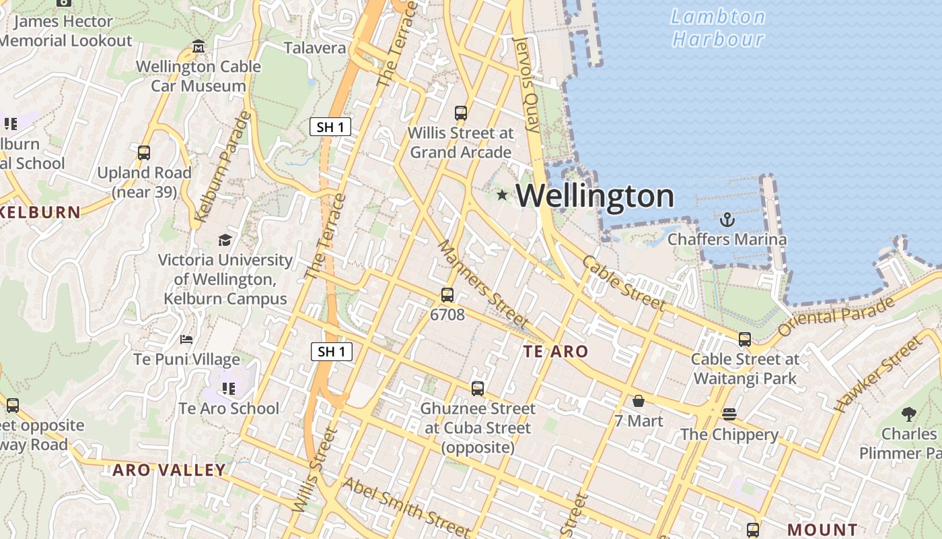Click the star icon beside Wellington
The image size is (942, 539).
(x=502, y=195)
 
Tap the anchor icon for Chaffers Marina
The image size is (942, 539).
(x=727, y=220)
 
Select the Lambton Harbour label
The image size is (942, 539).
(x=719, y=28)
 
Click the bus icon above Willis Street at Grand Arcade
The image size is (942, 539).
(x=461, y=113)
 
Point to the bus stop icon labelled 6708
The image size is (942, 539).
(x=447, y=294)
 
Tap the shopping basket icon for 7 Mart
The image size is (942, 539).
(x=639, y=401)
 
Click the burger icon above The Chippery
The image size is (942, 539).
(x=729, y=414)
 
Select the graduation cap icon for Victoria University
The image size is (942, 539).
(x=225, y=240)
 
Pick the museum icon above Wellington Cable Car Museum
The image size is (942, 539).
(x=198, y=46)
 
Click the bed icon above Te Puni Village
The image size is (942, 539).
(x=186, y=339)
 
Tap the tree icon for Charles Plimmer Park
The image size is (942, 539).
(x=909, y=414)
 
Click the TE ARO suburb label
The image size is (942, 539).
(x=556, y=351)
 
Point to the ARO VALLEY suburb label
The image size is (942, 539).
(x=169, y=470)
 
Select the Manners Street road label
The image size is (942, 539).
(x=482, y=284)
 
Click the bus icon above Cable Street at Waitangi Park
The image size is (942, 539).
(x=745, y=340)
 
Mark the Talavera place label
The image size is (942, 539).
(x=315, y=48)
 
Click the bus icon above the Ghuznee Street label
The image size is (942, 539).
(x=478, y=388)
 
